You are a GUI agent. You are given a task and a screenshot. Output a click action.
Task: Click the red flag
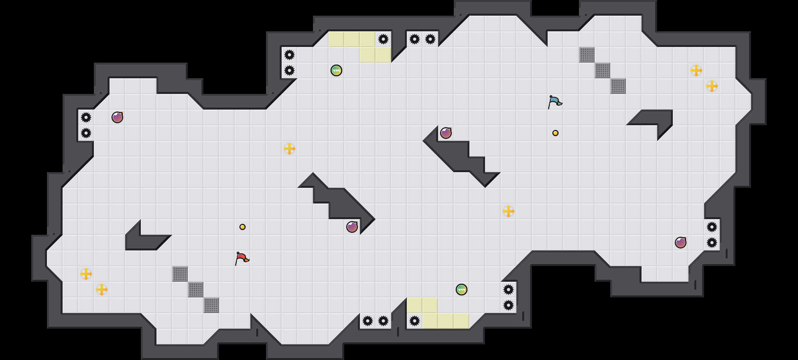(242, 258)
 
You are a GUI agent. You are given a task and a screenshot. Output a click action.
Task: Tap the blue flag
(555, 102)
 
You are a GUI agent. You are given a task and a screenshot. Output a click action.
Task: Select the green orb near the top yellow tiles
(336, 70)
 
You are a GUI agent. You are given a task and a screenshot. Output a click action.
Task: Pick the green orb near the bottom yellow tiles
(462, 290)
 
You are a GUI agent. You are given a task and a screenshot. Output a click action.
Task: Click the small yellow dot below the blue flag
(555, 133)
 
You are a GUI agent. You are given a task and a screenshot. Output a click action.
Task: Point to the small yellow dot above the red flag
(243, 227)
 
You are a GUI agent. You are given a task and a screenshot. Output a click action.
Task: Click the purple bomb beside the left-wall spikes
(117, 117)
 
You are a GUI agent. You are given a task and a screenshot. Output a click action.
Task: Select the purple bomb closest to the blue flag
(446, 133)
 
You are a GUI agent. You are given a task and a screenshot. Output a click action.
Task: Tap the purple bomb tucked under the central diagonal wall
(352, 227)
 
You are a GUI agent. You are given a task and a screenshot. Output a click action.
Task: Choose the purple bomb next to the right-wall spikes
(681, 243)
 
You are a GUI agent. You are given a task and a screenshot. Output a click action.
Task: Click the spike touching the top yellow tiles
(383, 39)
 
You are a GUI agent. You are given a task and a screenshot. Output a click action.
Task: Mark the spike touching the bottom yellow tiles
(415, 321)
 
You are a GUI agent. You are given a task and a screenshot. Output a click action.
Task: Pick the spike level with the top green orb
(289, 70)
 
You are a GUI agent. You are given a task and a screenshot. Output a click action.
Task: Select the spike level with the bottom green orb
(509, 290)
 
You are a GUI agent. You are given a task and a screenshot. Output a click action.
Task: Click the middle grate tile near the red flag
(196, 290)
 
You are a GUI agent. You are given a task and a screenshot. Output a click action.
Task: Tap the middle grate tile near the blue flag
(602, 70)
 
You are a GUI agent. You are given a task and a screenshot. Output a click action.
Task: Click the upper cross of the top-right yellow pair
(696, 70)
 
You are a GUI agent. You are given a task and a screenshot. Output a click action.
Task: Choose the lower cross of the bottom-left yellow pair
(102, 290)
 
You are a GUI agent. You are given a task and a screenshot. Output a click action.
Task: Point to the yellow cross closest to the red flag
(289, 149)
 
